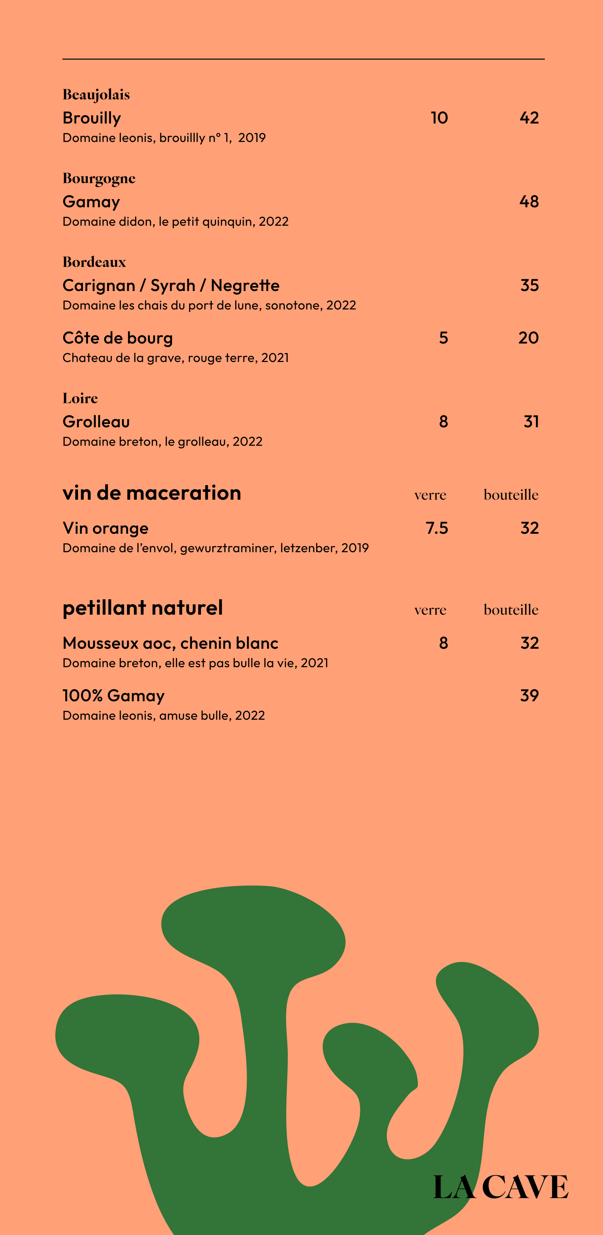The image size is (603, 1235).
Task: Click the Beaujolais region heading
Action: click(96, 95)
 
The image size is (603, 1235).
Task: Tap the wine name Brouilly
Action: click(92, 118)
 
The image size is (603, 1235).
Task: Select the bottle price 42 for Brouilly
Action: click(529, 118)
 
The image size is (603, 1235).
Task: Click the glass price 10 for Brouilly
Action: click(439, 118)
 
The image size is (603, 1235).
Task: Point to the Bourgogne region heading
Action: click(99, 179)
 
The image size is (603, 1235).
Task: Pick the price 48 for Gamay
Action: click(529, 202)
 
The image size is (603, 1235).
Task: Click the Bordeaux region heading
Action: click(94, 262)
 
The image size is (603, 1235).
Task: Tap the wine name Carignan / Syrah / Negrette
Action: click(171, 286)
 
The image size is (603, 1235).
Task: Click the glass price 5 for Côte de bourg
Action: click(443, 338)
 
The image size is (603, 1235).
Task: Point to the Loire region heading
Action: click(80, 399)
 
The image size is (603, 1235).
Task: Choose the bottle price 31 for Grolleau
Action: click(531, 422)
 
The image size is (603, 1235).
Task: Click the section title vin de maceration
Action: click(151, 493)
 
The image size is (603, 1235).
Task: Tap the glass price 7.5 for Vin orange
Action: click(437, 528)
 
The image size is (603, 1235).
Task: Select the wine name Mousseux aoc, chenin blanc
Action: click(170, 643)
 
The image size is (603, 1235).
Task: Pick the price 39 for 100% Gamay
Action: click(529, 696)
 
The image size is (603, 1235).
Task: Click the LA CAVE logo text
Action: click(500, 1187)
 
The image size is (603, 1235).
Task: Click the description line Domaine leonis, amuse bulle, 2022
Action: click(164, 716)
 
